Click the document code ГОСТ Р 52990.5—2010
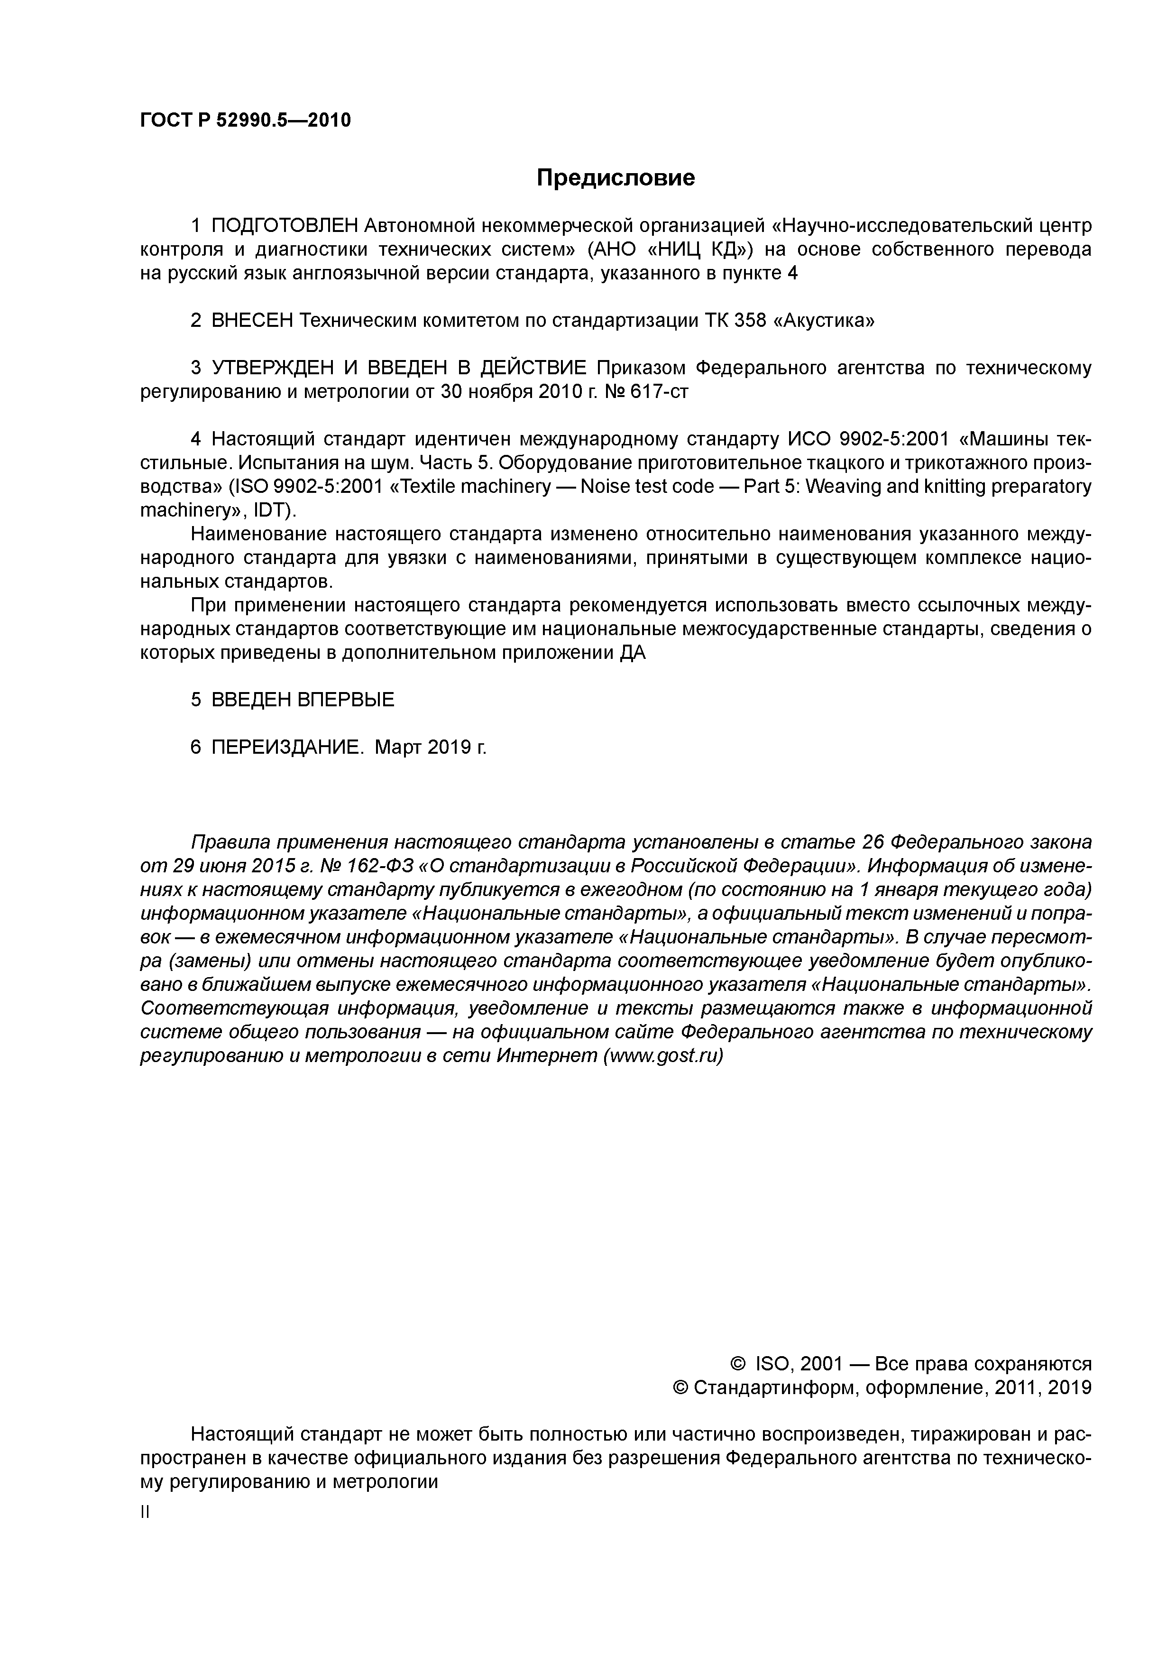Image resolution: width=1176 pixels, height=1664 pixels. point(245,120)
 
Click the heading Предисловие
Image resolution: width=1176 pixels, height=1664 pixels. point(615,177)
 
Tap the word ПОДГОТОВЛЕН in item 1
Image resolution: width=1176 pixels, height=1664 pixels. point(285,226)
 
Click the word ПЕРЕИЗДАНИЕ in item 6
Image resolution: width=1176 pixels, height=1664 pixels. point(285,747)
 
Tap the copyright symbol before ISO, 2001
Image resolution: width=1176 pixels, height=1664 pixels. point(738,1365)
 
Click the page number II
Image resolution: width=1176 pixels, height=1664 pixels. point(144,1513)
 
